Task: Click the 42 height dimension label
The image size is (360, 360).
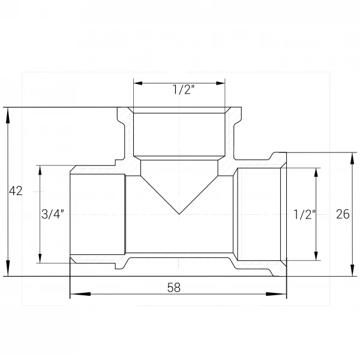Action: (x=16, y=191)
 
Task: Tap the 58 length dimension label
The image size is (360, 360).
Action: (x=174, y=287)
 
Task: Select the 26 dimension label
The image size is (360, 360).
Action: (x=343, y=214)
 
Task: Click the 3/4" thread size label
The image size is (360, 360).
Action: (x=53, y=214)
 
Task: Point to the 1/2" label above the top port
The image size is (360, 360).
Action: (x=184, y=89)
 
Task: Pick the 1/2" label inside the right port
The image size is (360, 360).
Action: (x=305, y=214)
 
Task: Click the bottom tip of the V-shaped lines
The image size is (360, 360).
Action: (x=179, y=214)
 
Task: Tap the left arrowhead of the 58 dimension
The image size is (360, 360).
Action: (x=80, y=294)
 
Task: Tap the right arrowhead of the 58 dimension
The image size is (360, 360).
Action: (x=276, y=294)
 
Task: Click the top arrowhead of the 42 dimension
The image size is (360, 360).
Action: (x=8, y=116)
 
